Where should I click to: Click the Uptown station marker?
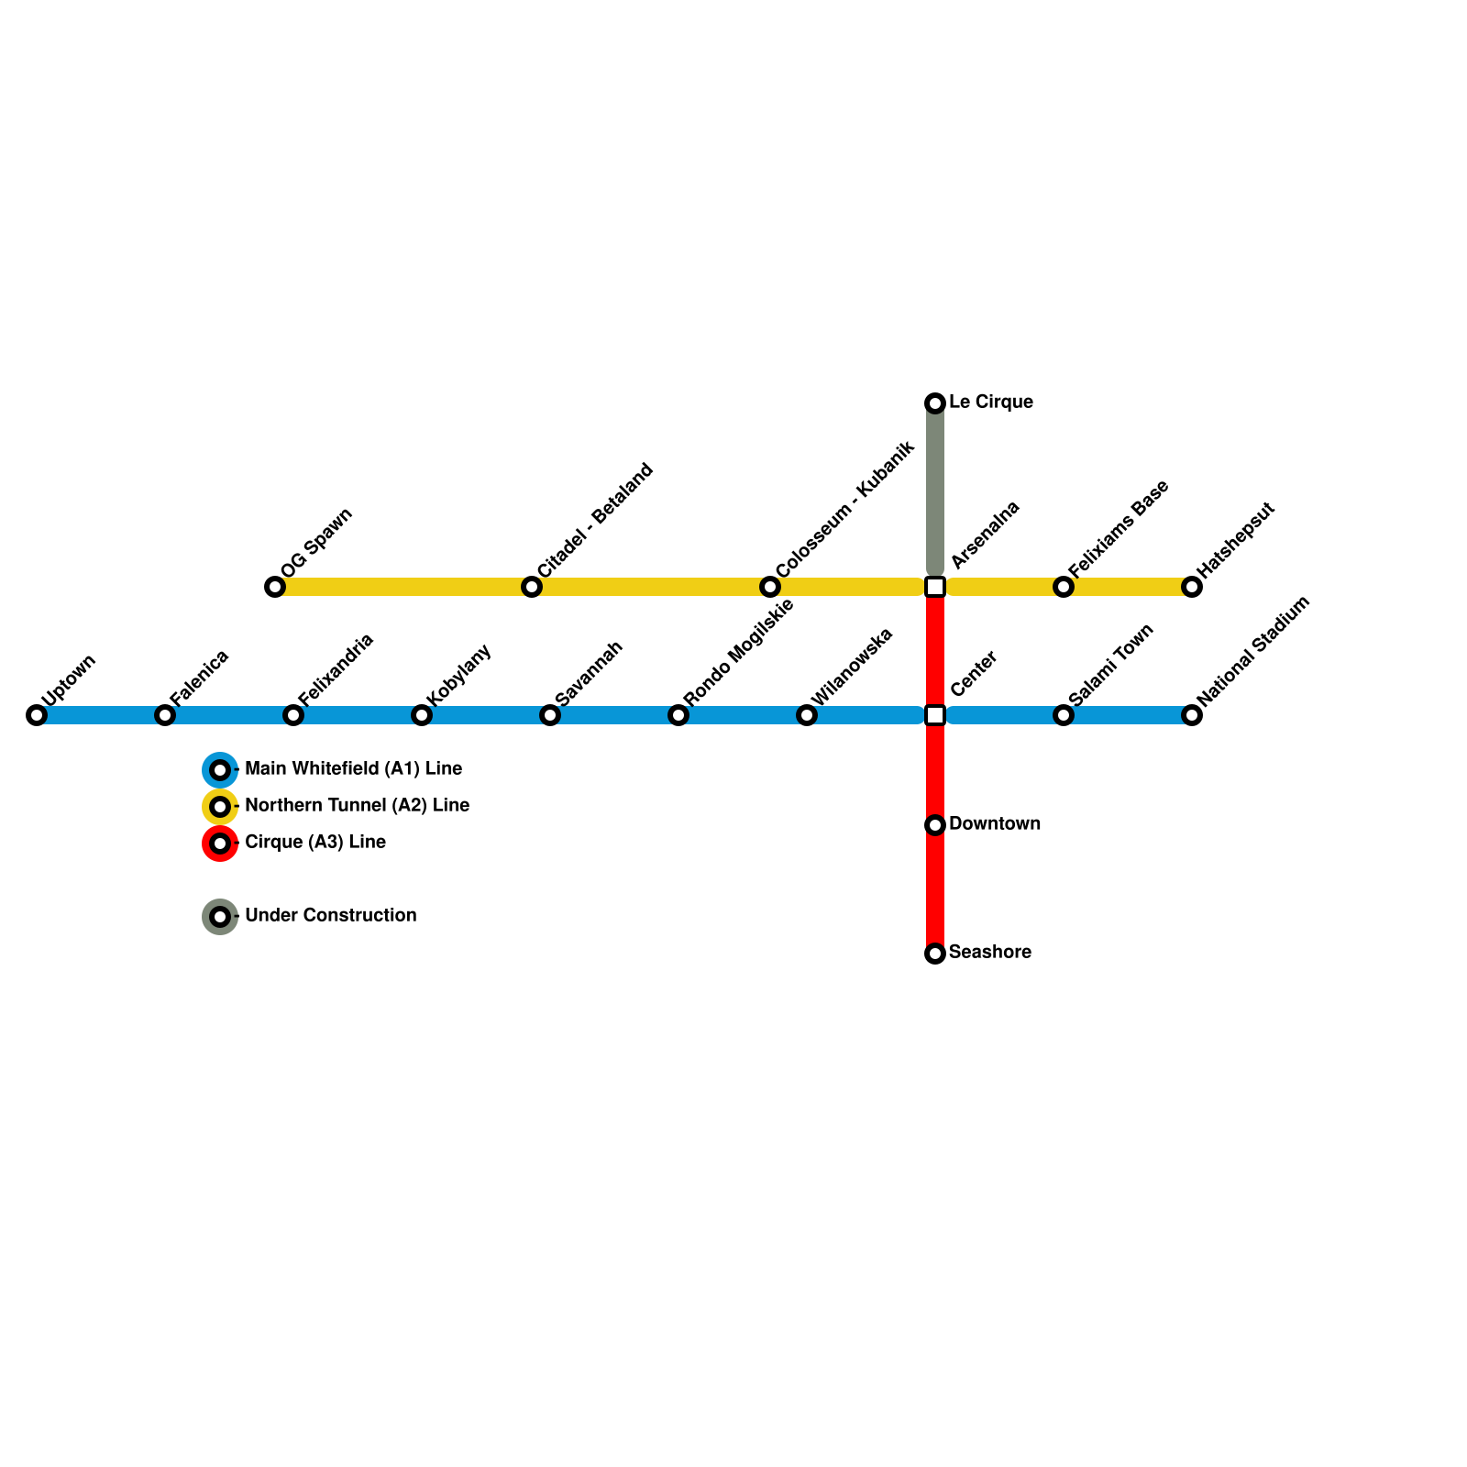[x=37, y=715]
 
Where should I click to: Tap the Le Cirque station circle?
[x=935, y=403]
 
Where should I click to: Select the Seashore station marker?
[x=935, y=954]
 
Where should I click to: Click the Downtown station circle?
[x=935, y=825]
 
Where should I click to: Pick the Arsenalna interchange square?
[x=935, y=587]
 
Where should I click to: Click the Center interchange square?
[x=935, y=715]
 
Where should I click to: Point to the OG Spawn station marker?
[x=275, y=587]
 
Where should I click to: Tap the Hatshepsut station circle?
[x=1192, y=587]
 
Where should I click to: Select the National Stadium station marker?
[x=1192, y=715]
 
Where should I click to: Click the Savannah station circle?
[x=550, y=715]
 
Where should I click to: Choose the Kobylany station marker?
[x=422, y=715]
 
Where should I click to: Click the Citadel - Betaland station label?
[x=595, y=520]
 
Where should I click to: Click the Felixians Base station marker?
[x=1064, y=587]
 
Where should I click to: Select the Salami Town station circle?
[x=1064, y=715]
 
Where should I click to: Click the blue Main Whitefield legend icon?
[x=220, y=770]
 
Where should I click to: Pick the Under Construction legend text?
[x=330, y=916]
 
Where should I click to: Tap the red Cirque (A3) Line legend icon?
[x=220, y=844]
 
